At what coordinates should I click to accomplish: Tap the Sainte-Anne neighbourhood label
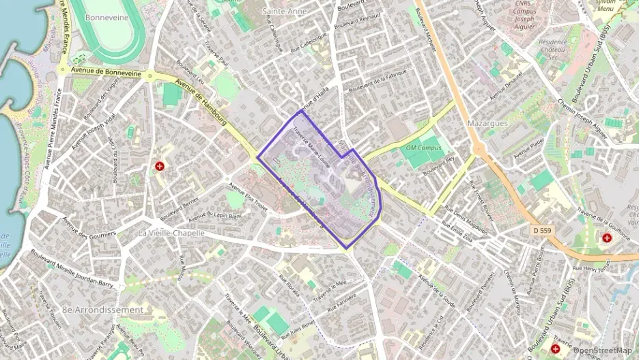pyautogui.click(x=284, y=12)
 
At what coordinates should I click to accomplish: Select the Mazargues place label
pyautogui.click(x=488, y=123)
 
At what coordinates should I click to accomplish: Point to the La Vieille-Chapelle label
pyautogui.click(x=171, y=233)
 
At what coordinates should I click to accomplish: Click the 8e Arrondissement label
pyautogui.click(x=103, y=309)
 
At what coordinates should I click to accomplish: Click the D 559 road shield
pyautogui.click(x=542, y=231)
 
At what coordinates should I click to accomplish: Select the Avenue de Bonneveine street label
pyautogui.click(x=104, y=72)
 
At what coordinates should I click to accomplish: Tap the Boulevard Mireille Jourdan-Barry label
pyautogui.click(x=68, y=266)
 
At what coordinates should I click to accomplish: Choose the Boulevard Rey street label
pyautogui.click(x=439, y=165)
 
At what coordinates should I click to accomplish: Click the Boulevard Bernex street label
pyautogui.click(x=179, y=210)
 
